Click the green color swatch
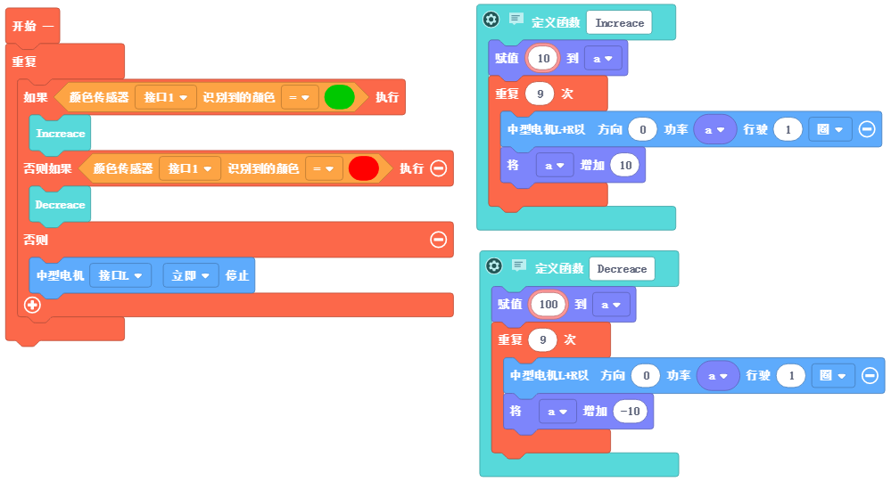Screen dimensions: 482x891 (x=340, y=97)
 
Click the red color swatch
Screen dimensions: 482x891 (x=364, y=167)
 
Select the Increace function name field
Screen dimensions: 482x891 (x=619, y=22)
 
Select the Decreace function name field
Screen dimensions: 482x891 (x=622, y=269)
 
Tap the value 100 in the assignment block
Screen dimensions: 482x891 (x=549, y=305)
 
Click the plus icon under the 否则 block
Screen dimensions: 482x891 (x=33, y=305)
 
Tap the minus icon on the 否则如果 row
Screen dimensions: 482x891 (x=438, y=167)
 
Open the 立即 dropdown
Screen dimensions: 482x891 (x=191, y=276)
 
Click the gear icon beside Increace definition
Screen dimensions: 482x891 (x=491, y=20)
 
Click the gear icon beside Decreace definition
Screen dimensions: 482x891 (x=494, y=266)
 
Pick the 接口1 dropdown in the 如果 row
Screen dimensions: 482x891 (x=166, y=97)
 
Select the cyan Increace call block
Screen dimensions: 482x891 (x=61, y=134)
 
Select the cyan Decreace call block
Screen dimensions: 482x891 (x=61, y=205)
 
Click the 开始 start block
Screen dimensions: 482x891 (x=32, y=26)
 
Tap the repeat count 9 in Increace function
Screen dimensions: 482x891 (x=539, y=94)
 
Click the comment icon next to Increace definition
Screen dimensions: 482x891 (x=516, y=20)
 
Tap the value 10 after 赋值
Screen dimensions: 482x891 (x=542, y=59)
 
